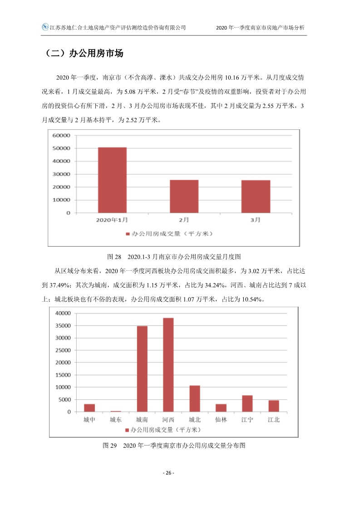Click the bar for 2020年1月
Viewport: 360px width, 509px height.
112,180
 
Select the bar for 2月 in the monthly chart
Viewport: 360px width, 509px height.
184,196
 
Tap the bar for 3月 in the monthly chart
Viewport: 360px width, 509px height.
256,196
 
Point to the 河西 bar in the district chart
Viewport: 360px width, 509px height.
168,365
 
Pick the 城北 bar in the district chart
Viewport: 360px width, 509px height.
195,399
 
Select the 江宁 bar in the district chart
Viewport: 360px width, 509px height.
247,403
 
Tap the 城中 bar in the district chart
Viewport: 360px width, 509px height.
89,408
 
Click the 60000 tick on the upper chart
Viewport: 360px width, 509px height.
61,135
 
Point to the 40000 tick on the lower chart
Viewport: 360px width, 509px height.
63,313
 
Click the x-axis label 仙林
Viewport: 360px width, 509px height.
221,420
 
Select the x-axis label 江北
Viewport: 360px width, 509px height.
274,420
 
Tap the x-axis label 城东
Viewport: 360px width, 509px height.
116,420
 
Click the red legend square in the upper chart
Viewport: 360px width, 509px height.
128,234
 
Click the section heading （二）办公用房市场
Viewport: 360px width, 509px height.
84,53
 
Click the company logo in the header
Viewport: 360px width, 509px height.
45,27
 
